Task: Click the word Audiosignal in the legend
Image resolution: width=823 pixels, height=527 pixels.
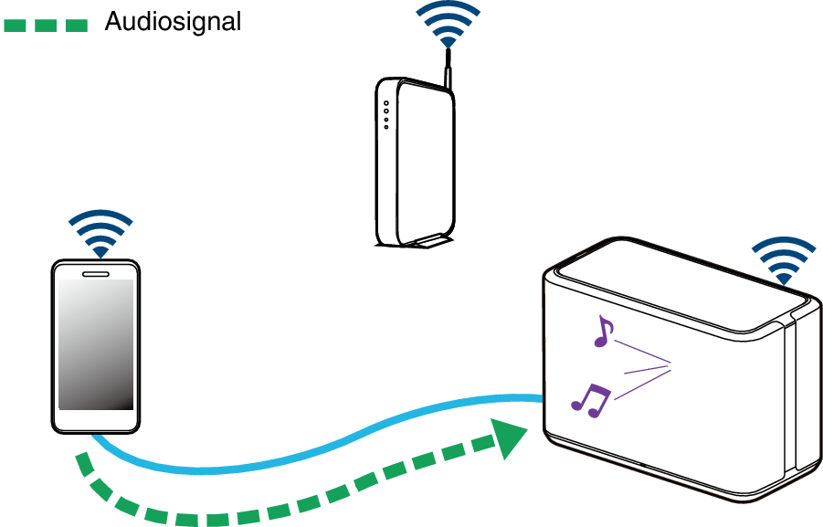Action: tap(173, 22)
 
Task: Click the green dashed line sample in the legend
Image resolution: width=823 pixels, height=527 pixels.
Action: tap(45, 25)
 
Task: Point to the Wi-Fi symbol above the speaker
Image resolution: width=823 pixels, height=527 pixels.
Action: tap(783, 260)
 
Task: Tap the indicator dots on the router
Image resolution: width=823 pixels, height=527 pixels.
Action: tap(386, 114)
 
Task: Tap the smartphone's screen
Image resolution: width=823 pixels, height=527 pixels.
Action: tap(96, 343)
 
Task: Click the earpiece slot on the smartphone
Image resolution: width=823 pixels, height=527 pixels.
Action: tap(96, 272)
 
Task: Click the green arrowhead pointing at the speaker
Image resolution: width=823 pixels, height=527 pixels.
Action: tap(510, 437)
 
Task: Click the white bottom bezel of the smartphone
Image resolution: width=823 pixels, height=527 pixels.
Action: tap(96, 421)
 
